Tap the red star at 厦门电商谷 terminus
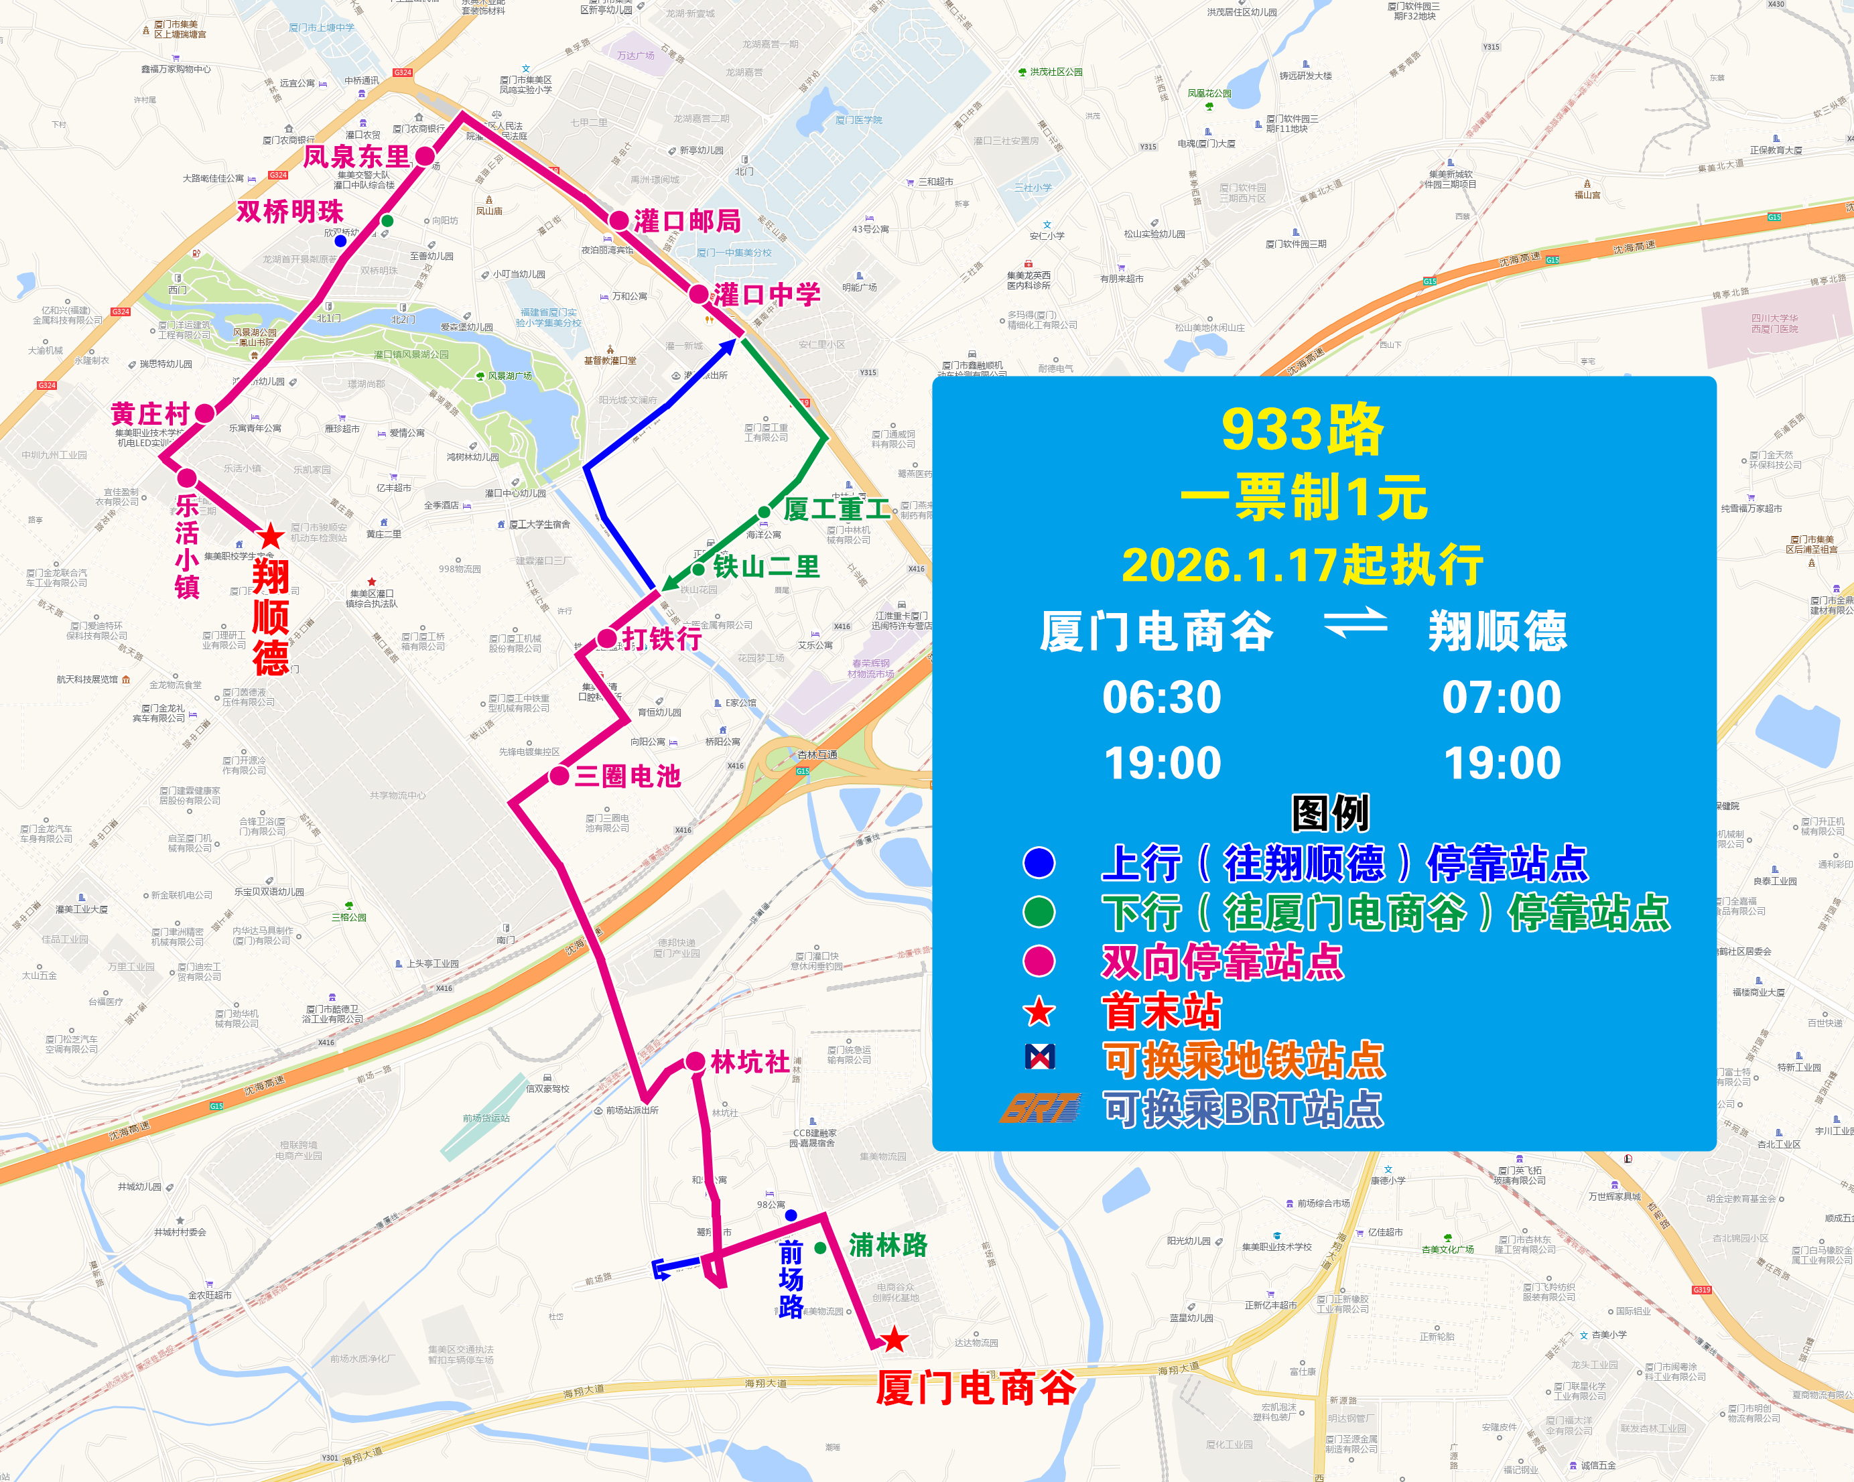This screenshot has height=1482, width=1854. point(895,1339)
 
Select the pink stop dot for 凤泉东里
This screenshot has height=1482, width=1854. point(425,155)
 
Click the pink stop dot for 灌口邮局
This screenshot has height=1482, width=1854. point(618,220)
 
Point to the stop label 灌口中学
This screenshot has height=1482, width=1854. point(767,295)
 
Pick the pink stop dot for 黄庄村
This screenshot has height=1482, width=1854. point(204,413)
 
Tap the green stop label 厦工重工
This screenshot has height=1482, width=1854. point(836,509)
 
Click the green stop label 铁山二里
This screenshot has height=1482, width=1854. point(767,567)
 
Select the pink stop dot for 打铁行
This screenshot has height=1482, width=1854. point(607,638)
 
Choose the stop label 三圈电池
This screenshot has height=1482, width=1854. point(628,777)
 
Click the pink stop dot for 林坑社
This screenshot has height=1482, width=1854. point(696,1062)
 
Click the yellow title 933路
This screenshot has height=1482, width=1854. point(1302,430)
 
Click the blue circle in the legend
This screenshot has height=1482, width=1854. point(1039,862)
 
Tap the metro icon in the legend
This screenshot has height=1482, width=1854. point(1041,1057)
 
